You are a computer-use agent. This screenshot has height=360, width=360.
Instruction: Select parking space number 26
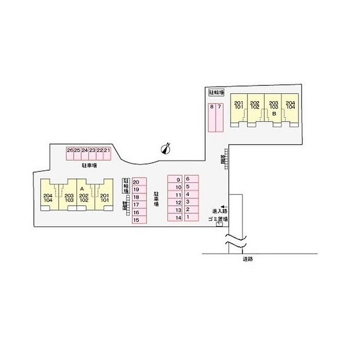(69, 153)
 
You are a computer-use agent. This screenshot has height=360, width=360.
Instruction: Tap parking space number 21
(107, 153)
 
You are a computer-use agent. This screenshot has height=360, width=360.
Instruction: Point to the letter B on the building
(274, 113)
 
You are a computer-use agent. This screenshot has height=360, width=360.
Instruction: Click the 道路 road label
(248, 259)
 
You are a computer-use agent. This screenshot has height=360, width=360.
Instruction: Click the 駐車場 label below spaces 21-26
(89, 166)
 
